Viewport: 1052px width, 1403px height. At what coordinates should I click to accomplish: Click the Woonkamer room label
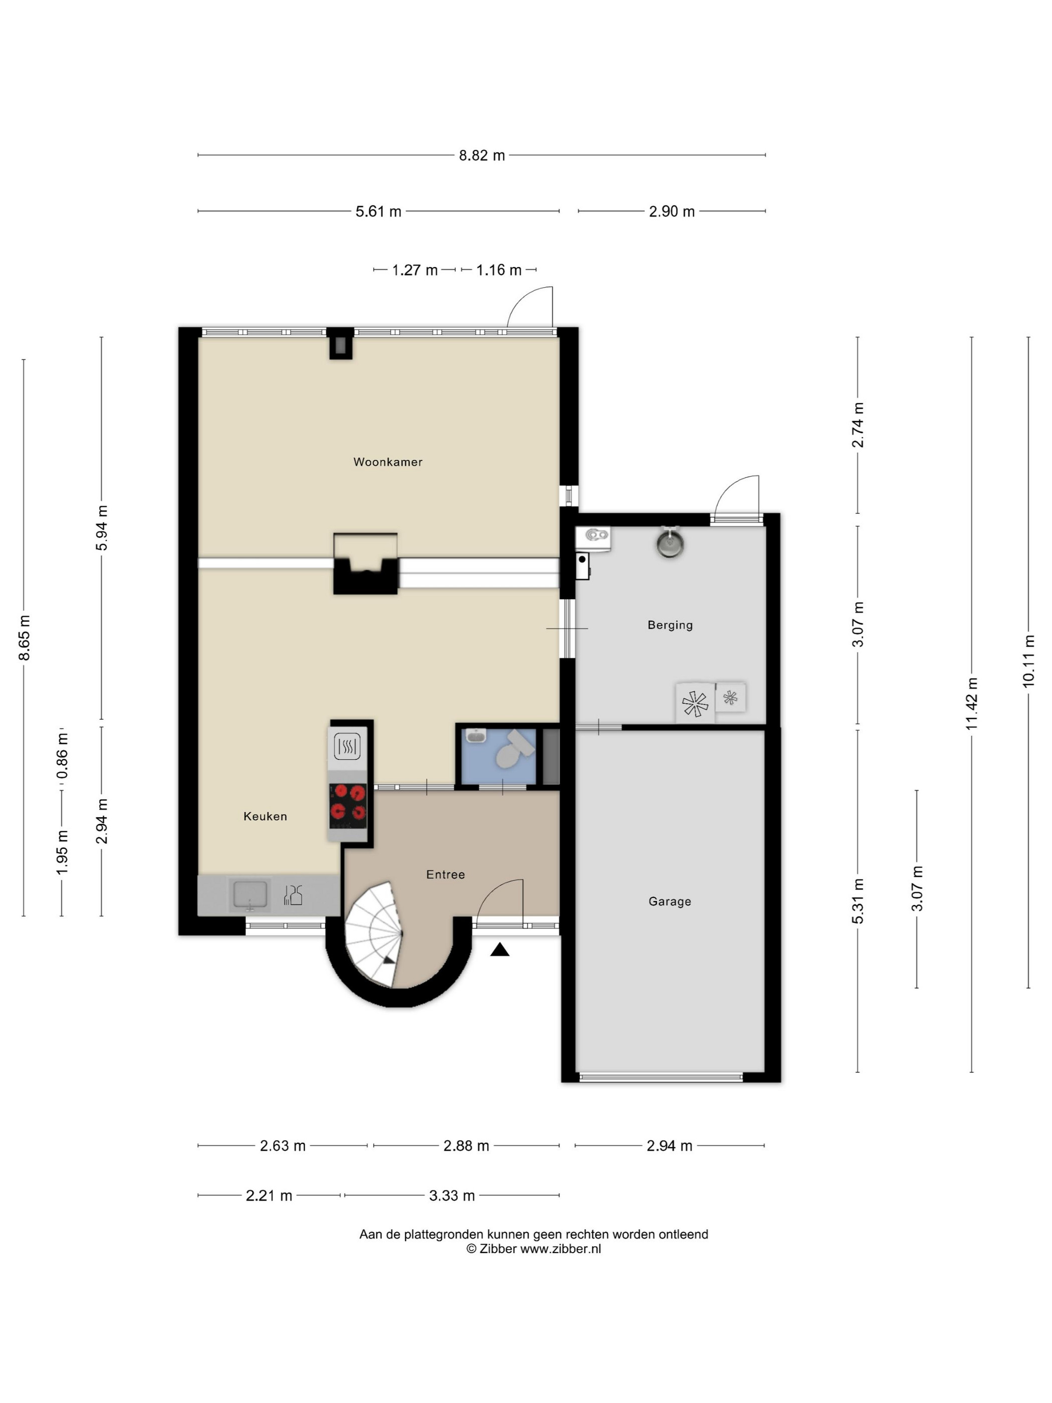(x=387, y=462)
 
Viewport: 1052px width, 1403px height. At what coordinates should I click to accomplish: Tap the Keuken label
(x=265, y=816)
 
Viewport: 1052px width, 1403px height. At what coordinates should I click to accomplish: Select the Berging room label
(x=670, y=625)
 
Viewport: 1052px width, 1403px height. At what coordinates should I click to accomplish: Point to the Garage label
(x=670, y=901)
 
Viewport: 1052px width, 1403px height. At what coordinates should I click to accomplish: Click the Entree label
(x=445, y=875)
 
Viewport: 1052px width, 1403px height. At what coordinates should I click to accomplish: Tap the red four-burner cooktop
(x=348, y=806)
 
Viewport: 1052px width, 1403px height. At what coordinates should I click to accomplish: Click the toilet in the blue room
(x=512, y=751)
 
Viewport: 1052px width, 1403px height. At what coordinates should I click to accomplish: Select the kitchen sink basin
(x=250, y=894)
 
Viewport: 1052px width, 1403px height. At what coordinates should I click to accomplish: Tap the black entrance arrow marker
(x=499, y=950)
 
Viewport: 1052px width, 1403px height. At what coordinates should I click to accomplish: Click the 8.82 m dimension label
(x=482, y=155)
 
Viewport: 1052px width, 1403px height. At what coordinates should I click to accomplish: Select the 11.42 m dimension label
(x=971, y=704)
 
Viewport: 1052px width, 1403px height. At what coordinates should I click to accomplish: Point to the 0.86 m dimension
(x=62, y=756)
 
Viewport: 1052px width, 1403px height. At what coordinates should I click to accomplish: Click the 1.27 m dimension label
(x=415, y=270)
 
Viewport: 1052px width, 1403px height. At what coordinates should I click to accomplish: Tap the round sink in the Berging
(x=670, y=544)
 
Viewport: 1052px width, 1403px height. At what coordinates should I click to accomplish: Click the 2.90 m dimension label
(x=672, y=212)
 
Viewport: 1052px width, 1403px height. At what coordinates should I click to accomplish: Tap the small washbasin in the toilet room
(x=475, y=736)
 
